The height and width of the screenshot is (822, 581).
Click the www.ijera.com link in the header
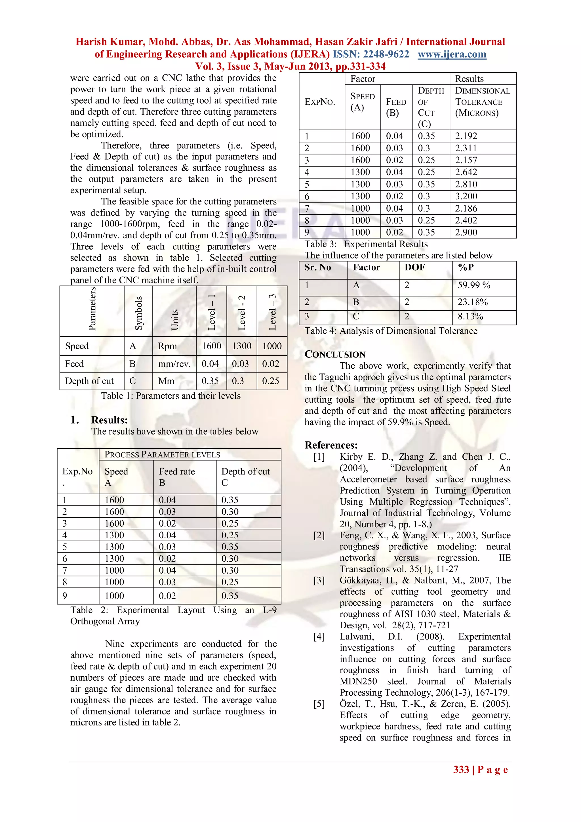tap(452, 55)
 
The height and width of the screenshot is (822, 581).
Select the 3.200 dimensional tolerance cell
tap(466, 196)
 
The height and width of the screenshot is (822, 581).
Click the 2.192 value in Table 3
tap(466, 136)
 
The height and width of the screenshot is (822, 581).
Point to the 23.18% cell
tap(473, 302)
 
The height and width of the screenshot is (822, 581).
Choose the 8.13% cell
tap(470, 317)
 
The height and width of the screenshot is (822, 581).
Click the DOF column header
tap(415, 267)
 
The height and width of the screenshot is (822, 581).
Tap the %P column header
tap(466, 267)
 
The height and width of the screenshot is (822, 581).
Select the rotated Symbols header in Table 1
tap(138, 313)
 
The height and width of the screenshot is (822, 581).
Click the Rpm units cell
tap(167, 346)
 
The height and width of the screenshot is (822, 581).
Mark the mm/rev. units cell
tap(174, 364)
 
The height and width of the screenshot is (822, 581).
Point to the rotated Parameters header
tap(92, 309)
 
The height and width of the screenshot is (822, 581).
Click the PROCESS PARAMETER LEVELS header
tap(162, 455)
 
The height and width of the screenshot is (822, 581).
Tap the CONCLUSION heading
tap(335, 354)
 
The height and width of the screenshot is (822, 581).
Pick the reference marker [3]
tap(319, 580)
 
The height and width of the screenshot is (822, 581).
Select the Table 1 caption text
tap(171, 396)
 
